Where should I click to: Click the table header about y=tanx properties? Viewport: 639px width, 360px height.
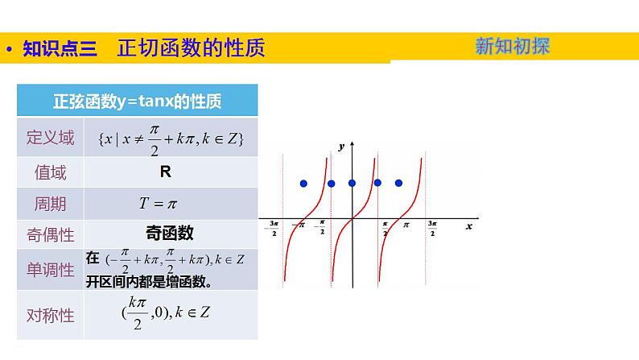tap(138, 101)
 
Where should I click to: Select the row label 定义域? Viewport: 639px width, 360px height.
tap(50, 138)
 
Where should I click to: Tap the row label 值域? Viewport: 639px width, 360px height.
tap(50, 172)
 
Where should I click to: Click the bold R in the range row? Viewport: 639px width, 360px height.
tap(165, 172)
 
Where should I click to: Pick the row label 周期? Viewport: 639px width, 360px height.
tap(50, 204)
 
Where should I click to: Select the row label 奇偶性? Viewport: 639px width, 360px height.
tap(50, 234)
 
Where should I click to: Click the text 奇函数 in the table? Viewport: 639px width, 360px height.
tap(170, 234)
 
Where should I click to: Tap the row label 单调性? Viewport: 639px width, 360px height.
tap(50, 269)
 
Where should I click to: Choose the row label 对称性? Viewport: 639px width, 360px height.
tap(50, 315)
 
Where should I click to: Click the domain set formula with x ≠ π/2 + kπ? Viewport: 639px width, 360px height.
tap(170, 138)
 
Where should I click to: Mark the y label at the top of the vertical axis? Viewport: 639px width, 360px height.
tap(341, 147)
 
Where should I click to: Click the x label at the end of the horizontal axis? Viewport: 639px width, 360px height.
tap(468, 227)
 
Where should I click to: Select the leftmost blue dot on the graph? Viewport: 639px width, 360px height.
tap(303, 184)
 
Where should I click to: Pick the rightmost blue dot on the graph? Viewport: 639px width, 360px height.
tap(398, 184)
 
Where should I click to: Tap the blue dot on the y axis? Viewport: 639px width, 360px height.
tap(352, 184)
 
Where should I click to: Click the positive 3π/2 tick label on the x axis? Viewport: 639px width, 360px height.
tap(432, 228)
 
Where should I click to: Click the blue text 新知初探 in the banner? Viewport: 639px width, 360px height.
tap(512, 47)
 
